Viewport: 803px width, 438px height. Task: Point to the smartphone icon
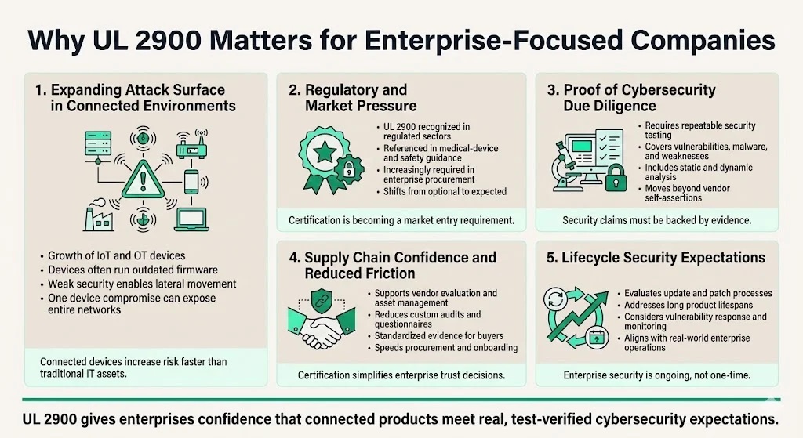[x=191, y=182]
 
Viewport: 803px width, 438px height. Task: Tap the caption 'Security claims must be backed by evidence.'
[x=656, y=221]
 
